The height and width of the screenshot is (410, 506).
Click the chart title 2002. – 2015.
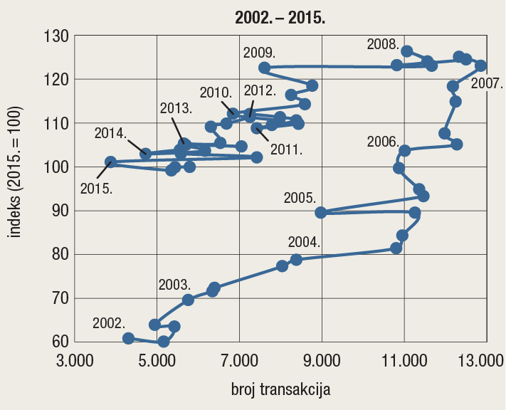(280, 18)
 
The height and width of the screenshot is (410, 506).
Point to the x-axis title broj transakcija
(280, 390)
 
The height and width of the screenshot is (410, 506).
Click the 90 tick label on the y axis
(57, 211)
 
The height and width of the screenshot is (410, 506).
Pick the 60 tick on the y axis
(57, 342)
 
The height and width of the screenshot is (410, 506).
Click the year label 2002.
(109, 322)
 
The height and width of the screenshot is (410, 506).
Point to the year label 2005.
(300, 197)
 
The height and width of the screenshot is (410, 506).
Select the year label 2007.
(487, 83)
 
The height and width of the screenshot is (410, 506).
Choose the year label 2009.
(259, 52)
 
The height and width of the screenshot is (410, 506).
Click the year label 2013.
(175, 108)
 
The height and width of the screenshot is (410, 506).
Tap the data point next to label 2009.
(264, 68)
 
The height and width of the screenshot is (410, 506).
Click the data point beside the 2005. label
(320, 212)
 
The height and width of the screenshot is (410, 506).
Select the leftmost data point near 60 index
(128, 338)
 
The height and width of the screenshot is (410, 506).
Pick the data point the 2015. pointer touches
(110, 162)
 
